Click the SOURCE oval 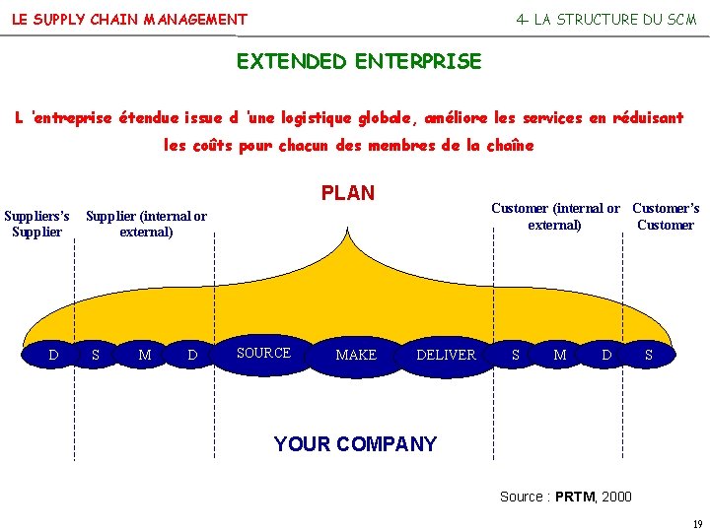(264, 354)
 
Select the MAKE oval (356, 355)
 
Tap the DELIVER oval (446, 355)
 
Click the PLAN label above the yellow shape (348, 193)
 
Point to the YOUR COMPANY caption (355, 444)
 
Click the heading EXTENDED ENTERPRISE (359, 62)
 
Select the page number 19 (696, 523)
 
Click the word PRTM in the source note (574, 497)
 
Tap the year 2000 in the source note (616, 497)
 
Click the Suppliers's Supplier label (37, 224)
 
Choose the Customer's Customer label (666, 217)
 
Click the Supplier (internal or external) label (146, 224)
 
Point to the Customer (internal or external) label (555, 217)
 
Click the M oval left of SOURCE (145, 355)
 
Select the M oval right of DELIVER (560, 355)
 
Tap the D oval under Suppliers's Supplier (54, 355)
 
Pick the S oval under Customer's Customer (648, 355)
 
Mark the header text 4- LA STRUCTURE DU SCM (606, 20)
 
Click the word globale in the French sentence (386, 118)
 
